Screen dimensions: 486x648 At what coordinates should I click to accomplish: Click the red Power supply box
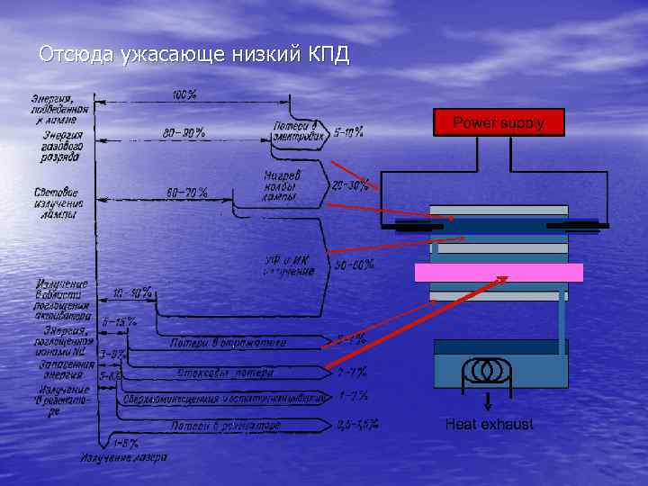499,122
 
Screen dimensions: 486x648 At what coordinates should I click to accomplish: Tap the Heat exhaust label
489,424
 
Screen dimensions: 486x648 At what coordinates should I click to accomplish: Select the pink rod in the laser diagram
498,273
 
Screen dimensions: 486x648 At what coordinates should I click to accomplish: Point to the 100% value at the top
184,94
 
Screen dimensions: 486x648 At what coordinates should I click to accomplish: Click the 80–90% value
184,133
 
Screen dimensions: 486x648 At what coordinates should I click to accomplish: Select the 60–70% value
187,193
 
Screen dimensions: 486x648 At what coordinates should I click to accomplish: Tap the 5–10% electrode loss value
348,132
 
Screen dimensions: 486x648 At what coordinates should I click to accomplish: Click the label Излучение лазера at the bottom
123,457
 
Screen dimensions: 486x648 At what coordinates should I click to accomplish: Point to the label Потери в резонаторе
226,424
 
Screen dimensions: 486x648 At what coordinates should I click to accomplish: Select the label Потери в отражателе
229,342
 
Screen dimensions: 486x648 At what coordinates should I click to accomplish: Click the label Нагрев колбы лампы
282,185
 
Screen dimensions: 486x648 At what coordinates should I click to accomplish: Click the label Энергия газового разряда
60,146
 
